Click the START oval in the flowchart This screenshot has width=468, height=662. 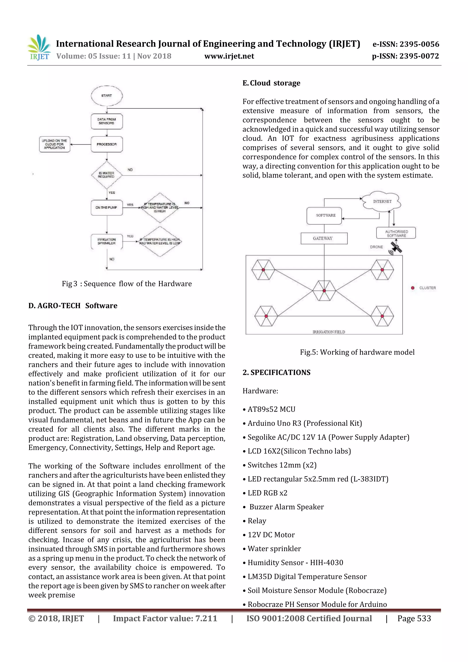click(107, 96)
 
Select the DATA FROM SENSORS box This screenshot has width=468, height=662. click(107, 121)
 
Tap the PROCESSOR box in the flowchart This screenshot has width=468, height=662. click(107, 144)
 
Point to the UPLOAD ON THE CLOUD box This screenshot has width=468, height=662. click(54, 144)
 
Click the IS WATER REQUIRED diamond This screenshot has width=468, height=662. click(107, 175)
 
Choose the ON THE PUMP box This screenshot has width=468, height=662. click(107, 207)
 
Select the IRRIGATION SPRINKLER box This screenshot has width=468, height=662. click(107, 241)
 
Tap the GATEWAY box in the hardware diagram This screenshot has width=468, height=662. click(324, 238)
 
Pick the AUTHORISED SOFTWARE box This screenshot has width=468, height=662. click(396, 233)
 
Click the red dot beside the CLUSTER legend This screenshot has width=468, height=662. click(413, 288)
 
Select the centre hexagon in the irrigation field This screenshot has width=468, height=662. click(324, 291)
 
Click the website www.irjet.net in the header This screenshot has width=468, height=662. click(229, 56)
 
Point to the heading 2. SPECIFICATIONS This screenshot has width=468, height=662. click(277, 372)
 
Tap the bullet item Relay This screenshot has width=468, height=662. click(257, 521)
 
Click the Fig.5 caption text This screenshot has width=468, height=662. click(357, 352)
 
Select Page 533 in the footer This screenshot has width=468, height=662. click(414, 618)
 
